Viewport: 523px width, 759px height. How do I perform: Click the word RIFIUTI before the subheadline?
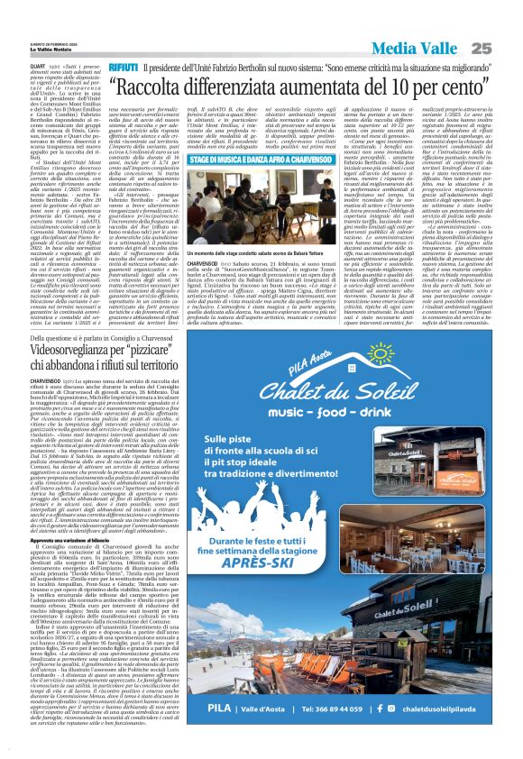(x=123, y=68)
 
